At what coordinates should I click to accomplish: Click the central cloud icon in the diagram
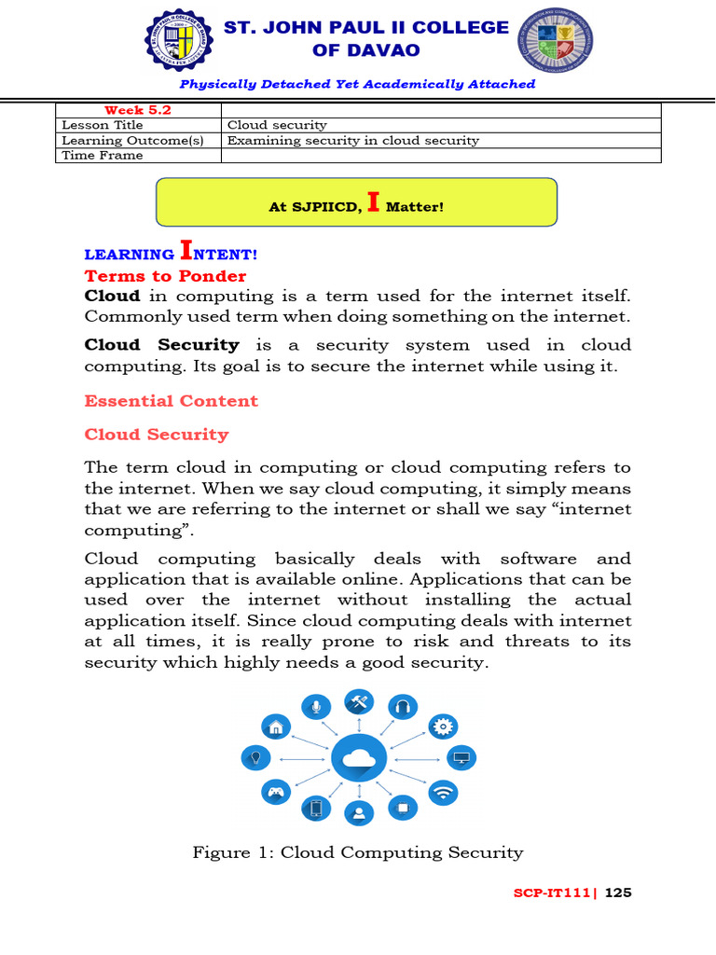358,760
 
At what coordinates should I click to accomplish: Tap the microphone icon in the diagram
317,707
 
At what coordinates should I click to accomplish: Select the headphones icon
403,707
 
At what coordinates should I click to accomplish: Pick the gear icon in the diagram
442,727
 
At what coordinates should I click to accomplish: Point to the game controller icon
275,793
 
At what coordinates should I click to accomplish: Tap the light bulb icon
254,758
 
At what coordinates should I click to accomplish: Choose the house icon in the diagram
275,727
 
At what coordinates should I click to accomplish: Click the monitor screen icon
461,758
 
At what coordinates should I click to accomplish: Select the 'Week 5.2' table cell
137,110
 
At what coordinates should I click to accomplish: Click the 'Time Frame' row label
103,155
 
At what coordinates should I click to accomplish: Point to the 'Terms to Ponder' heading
165,276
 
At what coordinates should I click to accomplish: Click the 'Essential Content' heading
171,401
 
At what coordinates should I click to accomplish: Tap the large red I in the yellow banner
373,202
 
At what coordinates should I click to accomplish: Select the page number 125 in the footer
618,893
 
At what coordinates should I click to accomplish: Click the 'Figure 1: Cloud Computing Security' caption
358,852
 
